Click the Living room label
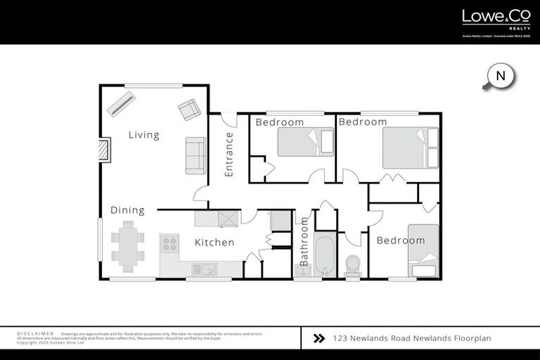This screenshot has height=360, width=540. coord(143,135)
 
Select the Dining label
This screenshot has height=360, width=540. coord(127,210)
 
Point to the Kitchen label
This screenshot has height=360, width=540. coord(214,243)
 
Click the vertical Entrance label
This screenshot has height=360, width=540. coord(229,154)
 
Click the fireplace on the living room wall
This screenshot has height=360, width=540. coord(103,150)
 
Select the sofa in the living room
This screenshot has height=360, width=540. coord(195,155)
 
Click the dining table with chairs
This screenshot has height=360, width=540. coord(127,246)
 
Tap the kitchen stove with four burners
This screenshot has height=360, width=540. coord(170,243)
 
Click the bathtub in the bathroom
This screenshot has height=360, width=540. coord(326,257)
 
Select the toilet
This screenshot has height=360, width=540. coord(352,265)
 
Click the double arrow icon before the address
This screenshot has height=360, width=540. coord(318,338)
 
